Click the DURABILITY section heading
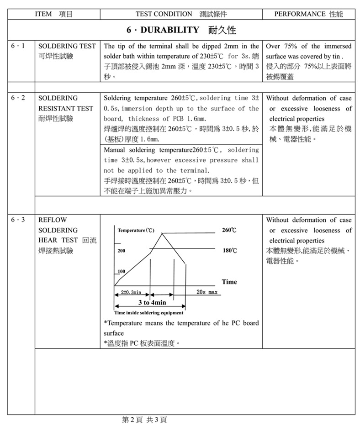(181, 31)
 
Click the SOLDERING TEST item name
(67, 46)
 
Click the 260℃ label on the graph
(229, 230)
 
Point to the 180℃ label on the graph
(229, 251)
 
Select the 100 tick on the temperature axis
(121, 272)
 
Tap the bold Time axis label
(229, 282)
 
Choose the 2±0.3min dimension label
(131, 292)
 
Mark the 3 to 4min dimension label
(152, 303)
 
